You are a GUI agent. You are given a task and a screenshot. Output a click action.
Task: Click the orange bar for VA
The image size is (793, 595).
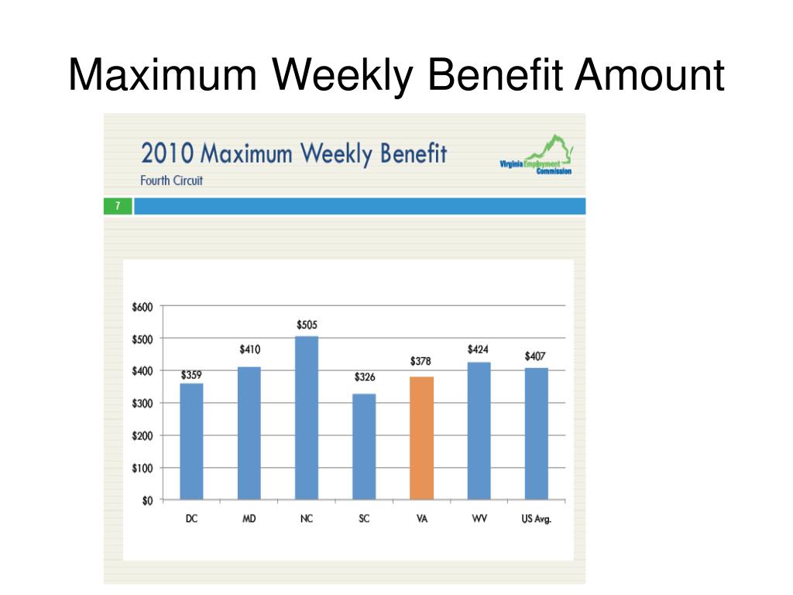pyautogui.click(x=421, y=438)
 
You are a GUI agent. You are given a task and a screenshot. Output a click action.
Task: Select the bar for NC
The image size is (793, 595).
pyautogui.click(x=307, y=418)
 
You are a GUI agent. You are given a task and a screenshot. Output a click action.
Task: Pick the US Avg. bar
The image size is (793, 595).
pyautogui.click(x=536, y=433)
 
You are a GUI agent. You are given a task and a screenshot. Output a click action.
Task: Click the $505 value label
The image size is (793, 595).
pyautogui.click(x=307, y=325)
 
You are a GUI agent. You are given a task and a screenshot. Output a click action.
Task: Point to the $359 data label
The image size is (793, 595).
pyautogui.click(x=192, y=374)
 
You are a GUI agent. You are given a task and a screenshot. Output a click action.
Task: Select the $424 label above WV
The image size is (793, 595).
pyautogui.click(x=479, y=349)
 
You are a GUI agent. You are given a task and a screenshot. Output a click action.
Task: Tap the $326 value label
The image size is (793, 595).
pyautogui.click(x=365, y=377)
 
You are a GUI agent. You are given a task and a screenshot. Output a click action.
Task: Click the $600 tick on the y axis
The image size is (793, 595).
pyautogui.click(x=142, y=306)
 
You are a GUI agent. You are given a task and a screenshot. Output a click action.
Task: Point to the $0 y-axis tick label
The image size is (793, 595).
pyautogui.click(x=146, y=500)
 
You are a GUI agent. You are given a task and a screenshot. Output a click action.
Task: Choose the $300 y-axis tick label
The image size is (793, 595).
pyautogui.click(x=142, y=404)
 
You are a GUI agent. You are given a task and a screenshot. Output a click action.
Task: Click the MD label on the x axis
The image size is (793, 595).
pyautogui.click(x=249, y=519)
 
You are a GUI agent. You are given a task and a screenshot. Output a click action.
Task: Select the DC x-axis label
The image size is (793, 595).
pyautogui.click(x=191, y=519)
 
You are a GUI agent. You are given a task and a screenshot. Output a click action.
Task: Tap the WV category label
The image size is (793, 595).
pyautogui.click(x=479, y=519)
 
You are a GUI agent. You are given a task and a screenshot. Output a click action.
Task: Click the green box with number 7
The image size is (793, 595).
pyautogui.click(x=118, y=206)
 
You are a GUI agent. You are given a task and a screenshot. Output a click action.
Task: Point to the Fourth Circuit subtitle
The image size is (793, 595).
pyautogui.click(x=171, y=181)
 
